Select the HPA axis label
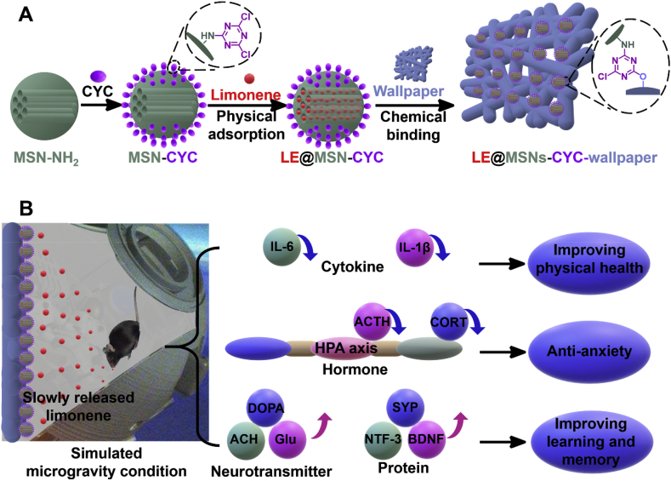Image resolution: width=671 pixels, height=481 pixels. click(344, 349)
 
